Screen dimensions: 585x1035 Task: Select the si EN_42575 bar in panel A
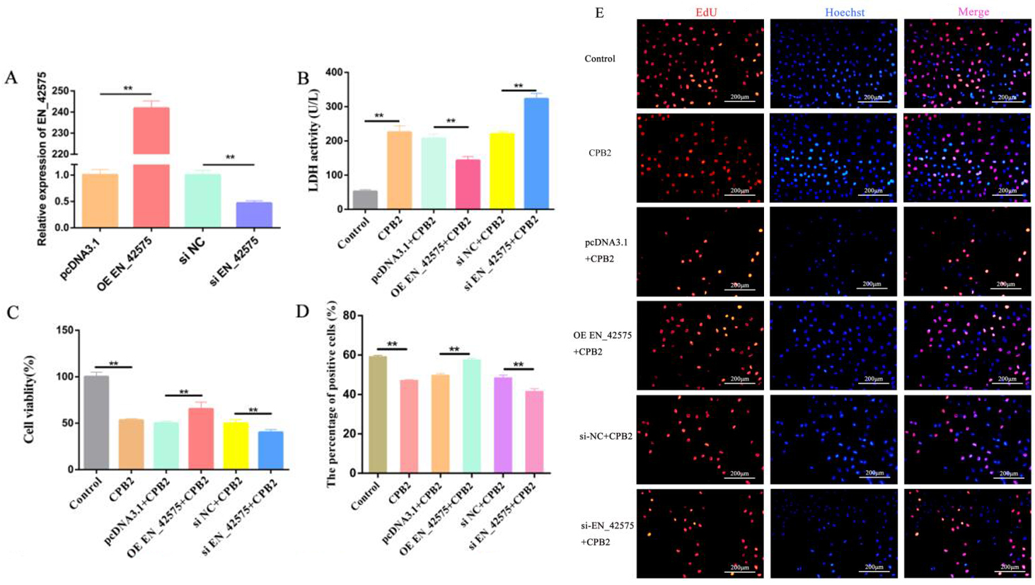[x=253, y=215]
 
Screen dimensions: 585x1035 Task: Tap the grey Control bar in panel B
[x=365, y=200]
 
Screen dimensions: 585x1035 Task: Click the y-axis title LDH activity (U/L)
[x=313, y=140]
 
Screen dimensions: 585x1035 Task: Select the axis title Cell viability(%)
[x=29, y=400]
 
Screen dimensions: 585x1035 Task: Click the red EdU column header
[x=706, y=12]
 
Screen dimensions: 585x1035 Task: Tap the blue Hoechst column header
[x=844, y=12]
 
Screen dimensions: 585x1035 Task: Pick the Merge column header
[x=973, y=12]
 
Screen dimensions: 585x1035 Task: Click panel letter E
[x=599, y=13]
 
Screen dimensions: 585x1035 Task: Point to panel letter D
[x=303, y=311]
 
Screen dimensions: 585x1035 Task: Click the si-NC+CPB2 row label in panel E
[x=606, y=436]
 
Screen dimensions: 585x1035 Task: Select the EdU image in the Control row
[x=700, y=64]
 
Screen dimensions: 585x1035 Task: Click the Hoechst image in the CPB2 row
[x=833, y=158]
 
